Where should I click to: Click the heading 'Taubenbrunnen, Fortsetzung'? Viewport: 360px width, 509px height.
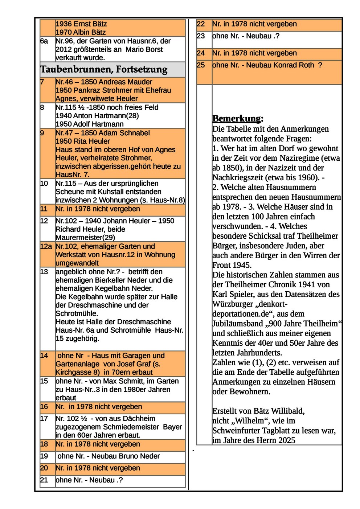(x=104, y=69)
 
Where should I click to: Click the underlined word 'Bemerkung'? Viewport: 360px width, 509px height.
(x=236, y=119)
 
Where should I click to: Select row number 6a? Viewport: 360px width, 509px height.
(x=44, y=41)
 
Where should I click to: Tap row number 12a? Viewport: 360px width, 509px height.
(x=46, y=246)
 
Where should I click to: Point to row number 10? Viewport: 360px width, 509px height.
(x=44, y=184)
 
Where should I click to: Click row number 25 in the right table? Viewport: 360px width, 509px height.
(x=201, y=65)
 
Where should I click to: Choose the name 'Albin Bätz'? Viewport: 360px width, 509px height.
(x=89, y=32)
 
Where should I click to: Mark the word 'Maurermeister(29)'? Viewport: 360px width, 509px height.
(x=85, y=238)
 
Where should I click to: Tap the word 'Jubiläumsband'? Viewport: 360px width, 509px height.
(x=237, y=324)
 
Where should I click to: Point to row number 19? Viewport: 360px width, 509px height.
(x=44, y=456)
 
